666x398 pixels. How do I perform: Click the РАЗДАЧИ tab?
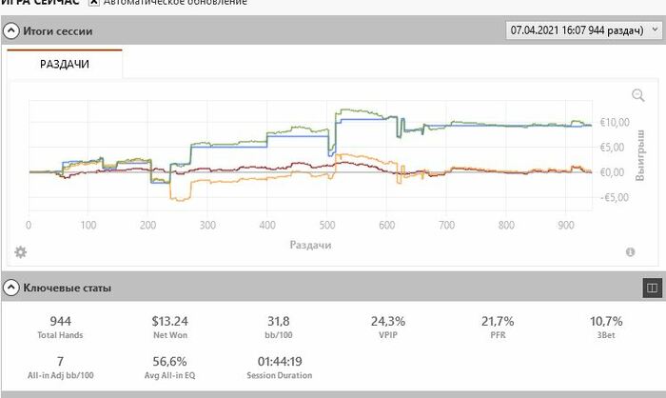(65, 64)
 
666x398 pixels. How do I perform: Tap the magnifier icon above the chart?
(638, 95)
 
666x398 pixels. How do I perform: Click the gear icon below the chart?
(20, 251)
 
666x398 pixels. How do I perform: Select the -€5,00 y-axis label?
(615, 198)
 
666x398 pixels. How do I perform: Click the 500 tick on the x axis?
(326, 226)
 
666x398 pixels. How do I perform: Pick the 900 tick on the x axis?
(565, 226)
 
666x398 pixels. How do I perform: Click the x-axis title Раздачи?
(312, 245)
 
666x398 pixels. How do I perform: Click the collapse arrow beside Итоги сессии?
(12, 31)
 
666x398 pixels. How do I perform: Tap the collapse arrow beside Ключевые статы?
(12, 287)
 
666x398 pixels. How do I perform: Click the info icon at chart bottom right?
(630, 252)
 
